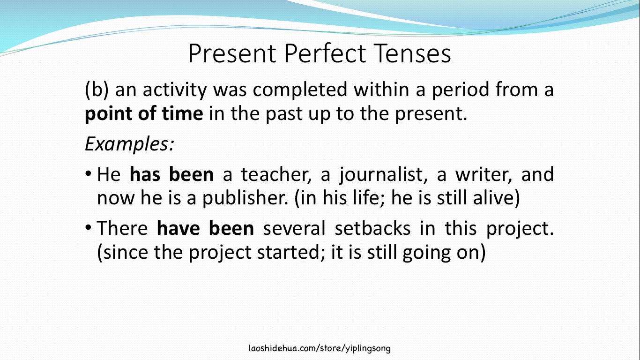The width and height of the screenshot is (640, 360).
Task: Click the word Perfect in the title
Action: (x=325, y=53)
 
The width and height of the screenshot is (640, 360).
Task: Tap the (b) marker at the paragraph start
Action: (x=97, y=90)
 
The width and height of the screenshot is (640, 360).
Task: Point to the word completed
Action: (x=300, y=90)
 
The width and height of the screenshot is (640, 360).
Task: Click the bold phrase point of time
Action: (x=144, y=114)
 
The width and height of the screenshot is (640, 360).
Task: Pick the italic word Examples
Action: (x=128, y=144)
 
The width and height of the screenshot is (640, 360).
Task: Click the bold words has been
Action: (x=171, y=174)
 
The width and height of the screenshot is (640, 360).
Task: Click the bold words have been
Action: (x=205, y=228)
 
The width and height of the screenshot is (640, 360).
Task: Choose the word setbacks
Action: (x=372, y=228)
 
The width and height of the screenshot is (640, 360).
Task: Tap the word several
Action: (x=294, y=228)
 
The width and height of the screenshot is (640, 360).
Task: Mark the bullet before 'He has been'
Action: (x=88, y=173)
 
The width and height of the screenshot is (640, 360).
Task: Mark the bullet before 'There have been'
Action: (x=88, y=228)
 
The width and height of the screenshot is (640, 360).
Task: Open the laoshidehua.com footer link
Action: (x=320, y=348)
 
